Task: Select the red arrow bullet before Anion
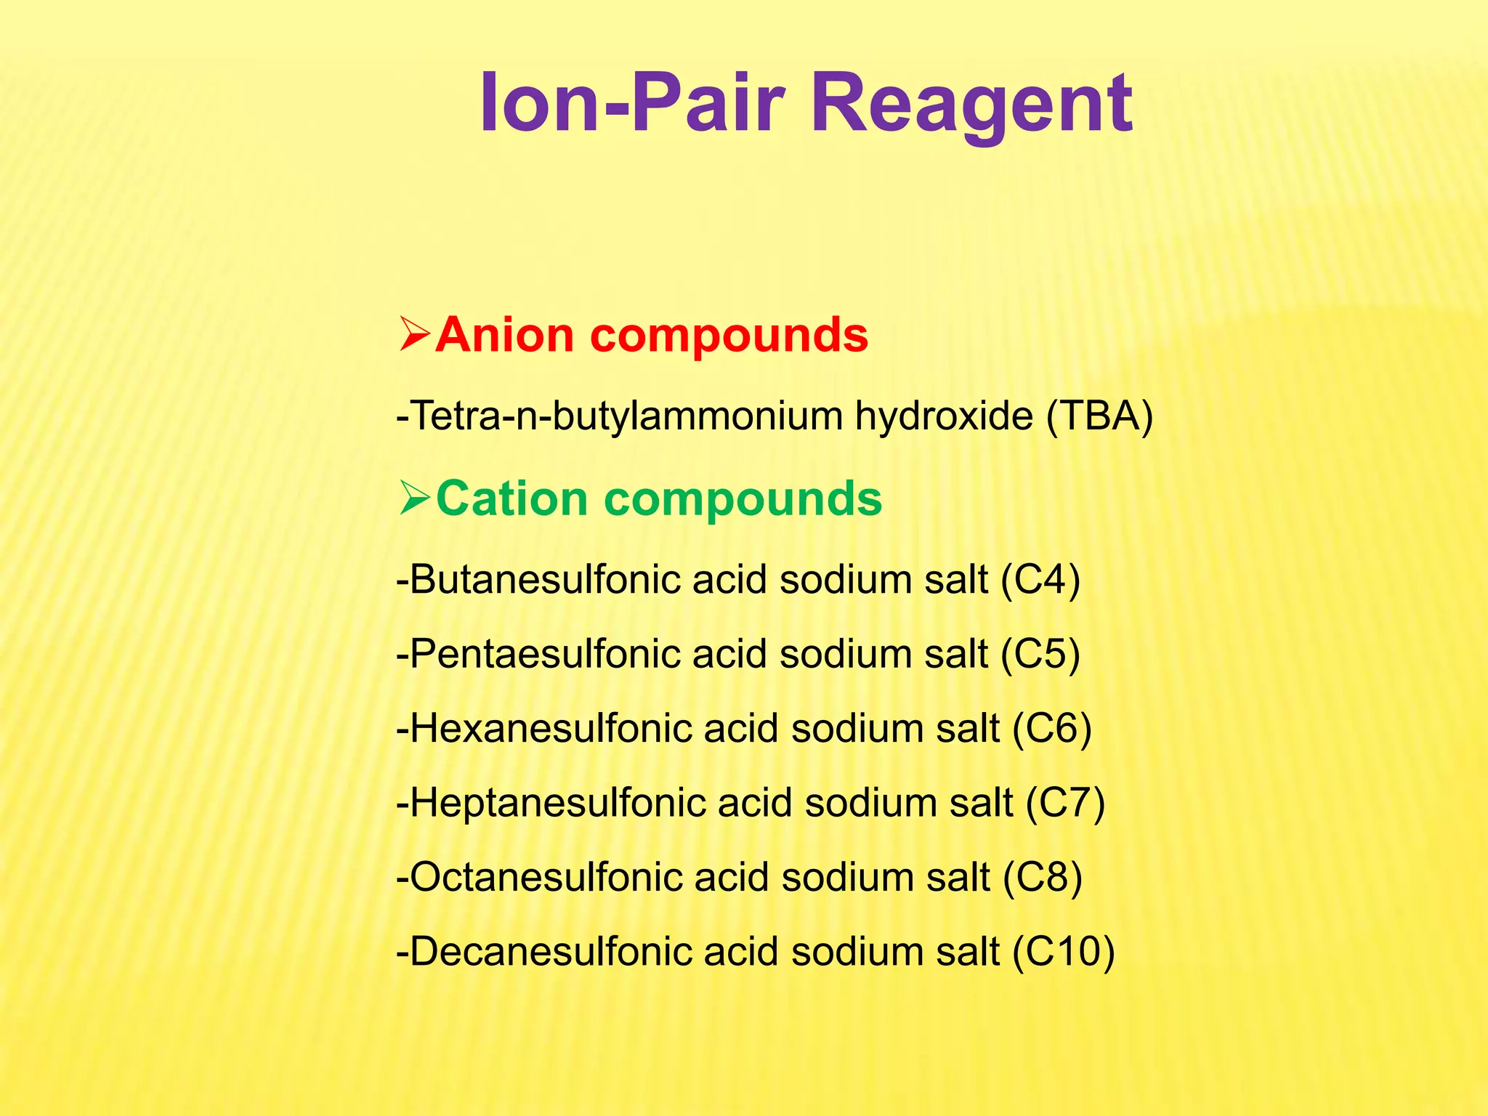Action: [x=416, y=335]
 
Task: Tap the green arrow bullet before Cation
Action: [x=416, y=499]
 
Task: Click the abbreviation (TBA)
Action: [x=1099, y=416]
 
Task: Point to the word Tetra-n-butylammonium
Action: [x=622, y=416]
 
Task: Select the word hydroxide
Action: [x=944, y=416]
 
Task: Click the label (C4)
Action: [x=1040, y=580]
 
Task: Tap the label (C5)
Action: [x=1040, y=654]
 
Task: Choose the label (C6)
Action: [x=1052, y=729]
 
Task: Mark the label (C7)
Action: [x=1065, y=803]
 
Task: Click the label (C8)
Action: [x=1043, y=877]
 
